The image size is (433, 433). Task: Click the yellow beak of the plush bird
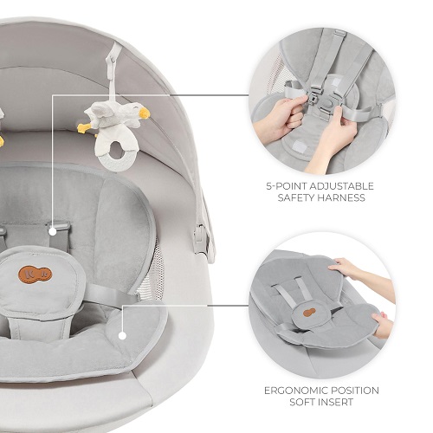tap(144, 113)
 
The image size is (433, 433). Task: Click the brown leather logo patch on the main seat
tap(36, 274)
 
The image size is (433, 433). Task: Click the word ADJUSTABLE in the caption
tap(341, 186)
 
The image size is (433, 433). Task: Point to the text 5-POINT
tap(287, 186)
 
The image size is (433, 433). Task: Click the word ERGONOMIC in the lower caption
tap(295, 391)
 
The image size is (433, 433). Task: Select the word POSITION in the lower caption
tap(354, 391)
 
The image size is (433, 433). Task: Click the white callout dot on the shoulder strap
tap(53, 231)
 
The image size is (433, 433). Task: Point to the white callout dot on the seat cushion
tap(122, 336)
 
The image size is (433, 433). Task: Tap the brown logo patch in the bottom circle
tap(309, 312)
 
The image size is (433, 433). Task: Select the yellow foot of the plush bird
tap(84, 127)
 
